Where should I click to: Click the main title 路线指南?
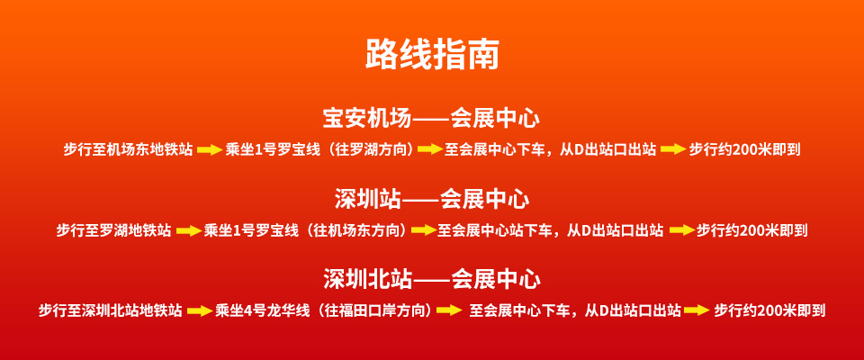(432, 54)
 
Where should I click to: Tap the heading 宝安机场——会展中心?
(431, 119)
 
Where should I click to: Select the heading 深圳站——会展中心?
(431, 199)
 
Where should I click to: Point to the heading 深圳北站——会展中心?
(431, 280)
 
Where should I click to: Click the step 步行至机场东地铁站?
(128, 149)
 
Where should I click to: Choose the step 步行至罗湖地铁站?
(113, 229)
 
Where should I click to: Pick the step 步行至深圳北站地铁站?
(110, 310)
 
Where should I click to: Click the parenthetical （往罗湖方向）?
(368, 149)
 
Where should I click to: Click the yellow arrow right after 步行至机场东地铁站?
(210, 149)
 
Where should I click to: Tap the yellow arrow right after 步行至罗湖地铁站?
(188, 230)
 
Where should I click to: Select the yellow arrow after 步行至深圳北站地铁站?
(200, 310)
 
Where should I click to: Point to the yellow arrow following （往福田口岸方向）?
(449, 310)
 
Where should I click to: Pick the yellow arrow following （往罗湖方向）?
(430, 149)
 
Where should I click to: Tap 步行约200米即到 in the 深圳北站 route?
(769, 310)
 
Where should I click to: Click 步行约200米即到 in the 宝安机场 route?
(744, 149)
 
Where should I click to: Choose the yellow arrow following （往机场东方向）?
(424, 230)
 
